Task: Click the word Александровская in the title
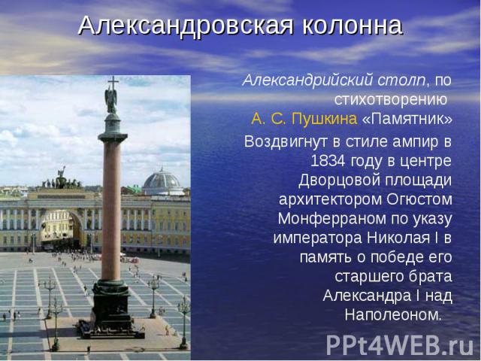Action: [186, 26]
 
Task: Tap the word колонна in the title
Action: [352, 26]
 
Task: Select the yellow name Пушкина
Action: [325, 119]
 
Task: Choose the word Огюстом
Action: [419, 199]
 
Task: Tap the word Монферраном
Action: [335, 219]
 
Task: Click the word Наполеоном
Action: [393, 314]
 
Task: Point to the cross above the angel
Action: [113, 83]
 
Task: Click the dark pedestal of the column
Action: [112, 307]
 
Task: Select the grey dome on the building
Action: [162, 180]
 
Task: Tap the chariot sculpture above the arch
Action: [62, 179]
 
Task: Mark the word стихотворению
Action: [391, 100]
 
